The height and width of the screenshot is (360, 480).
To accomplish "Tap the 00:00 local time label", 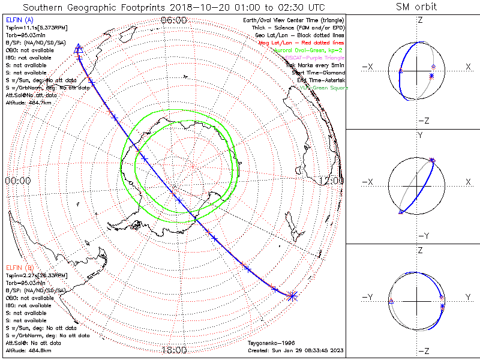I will click(17, 180).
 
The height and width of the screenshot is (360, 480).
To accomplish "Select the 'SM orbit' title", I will click(416, 7).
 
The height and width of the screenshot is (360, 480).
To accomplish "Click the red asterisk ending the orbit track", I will click(292, 295).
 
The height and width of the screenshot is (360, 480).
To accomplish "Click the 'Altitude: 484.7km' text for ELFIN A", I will click(28, 103).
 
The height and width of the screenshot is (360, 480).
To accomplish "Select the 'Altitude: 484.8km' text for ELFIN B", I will click(28, 350).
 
